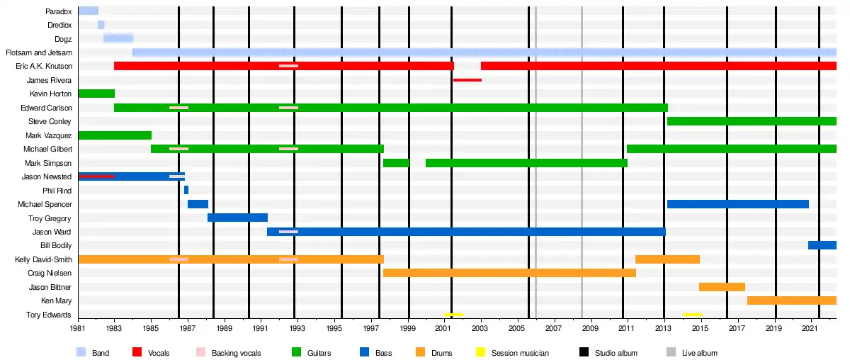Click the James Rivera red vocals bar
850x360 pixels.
[467, 80]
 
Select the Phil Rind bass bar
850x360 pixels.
[186, 190]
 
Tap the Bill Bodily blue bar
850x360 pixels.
[822, 245]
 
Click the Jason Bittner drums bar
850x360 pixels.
[722, 287]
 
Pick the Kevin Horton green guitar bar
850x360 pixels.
[96, 94]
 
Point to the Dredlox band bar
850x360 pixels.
[101, 25]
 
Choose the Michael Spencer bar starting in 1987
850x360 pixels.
[198, 204]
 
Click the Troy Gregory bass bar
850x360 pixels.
[237, 218]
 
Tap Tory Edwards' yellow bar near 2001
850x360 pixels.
[453, 315]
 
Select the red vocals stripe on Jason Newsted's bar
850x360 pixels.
[96, 176]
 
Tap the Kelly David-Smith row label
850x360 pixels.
[43, 259]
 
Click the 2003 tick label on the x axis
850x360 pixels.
[480, 328]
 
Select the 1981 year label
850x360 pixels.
[79, 328]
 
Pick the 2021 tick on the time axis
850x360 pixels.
[812, 328]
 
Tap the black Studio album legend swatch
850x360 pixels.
[584, 352]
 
